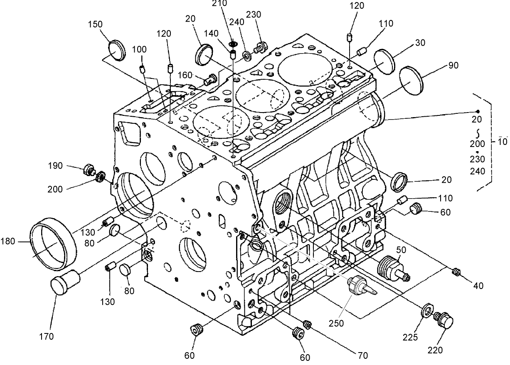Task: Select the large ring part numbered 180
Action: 53,243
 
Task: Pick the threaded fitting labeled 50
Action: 393,267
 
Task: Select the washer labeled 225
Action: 427,311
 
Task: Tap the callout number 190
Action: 55,166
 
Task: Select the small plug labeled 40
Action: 456,272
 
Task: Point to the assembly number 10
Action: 503,141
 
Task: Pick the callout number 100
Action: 139,49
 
